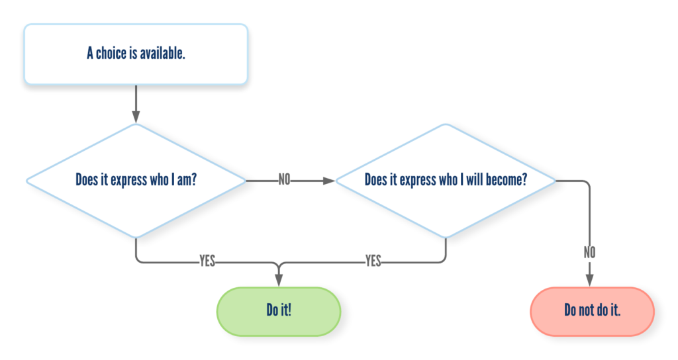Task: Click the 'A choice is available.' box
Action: click(136, 54)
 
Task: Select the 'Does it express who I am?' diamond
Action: click(136, 181)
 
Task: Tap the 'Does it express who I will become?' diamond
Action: click(446, 181)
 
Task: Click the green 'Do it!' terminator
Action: click(279, 311)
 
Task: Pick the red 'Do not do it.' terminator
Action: click(592, 311)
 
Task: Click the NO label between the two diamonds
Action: click(284, 179)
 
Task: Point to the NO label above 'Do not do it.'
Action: click(589, 252)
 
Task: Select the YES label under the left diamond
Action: click(207, 261)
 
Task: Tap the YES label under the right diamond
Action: click(373, 261)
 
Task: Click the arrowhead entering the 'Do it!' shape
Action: click(279, 280)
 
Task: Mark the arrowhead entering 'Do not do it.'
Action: click(589, 280)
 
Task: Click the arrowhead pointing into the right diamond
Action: click(329, 181)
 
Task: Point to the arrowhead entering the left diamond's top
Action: click(136, 117)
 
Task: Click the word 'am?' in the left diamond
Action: click(186, 180)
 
